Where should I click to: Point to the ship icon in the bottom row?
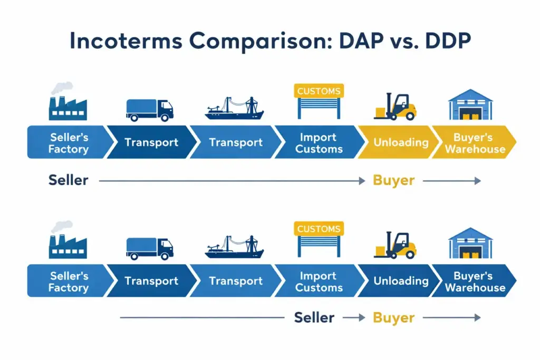(x=234, y=248)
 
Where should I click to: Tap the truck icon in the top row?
(x=150, y=110)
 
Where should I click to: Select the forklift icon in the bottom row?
(x=396, y=244)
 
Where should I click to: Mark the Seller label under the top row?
(x=69, y=180)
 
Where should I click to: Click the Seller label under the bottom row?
(x=314, y=317)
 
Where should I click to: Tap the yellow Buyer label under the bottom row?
(x=393, y=317)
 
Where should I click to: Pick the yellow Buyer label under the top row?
(x=393, y=180)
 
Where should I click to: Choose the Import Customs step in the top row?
(x=319, y=142)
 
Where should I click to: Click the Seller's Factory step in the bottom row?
(x=69, y=281)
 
